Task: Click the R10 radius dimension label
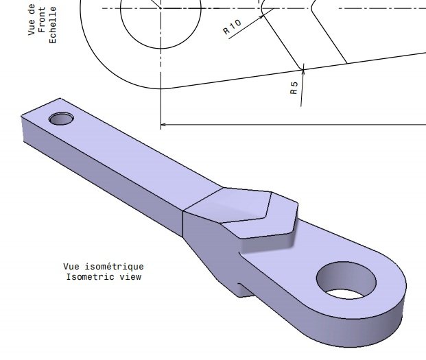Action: pyautogui.click(x=233, y=27)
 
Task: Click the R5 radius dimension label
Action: pyautogui.click(x=294, y=88)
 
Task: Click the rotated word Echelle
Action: pyautogui.click(x=53, y=25)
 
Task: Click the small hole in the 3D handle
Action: pyautogui.click(x=62, y=119)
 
